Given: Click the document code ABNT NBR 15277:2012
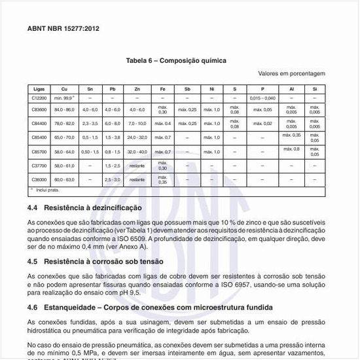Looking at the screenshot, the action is [63, 30].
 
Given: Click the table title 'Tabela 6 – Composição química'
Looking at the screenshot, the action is [176, 60].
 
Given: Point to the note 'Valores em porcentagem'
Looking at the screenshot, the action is [291, 73].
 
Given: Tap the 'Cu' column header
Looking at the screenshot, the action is [64, 88].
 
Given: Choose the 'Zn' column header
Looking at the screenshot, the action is [137, 88].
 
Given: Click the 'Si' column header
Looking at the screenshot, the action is [314, 88].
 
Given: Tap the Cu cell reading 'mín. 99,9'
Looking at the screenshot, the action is [64, 98].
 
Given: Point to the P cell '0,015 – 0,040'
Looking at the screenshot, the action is [262, 98].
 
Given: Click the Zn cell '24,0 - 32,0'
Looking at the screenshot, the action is [137, 137].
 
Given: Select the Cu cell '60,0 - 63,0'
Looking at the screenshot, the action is [64, 179].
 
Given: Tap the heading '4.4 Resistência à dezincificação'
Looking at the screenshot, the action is [84, 207].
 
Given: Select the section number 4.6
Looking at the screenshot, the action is [33, 307].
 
